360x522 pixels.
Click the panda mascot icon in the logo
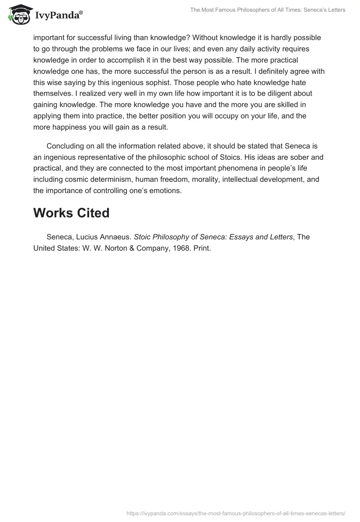pos(18,15)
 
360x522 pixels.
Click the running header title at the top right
pos(268,10)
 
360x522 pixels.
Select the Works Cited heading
pos(71,213)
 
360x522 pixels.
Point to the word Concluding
pos(66,147)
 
